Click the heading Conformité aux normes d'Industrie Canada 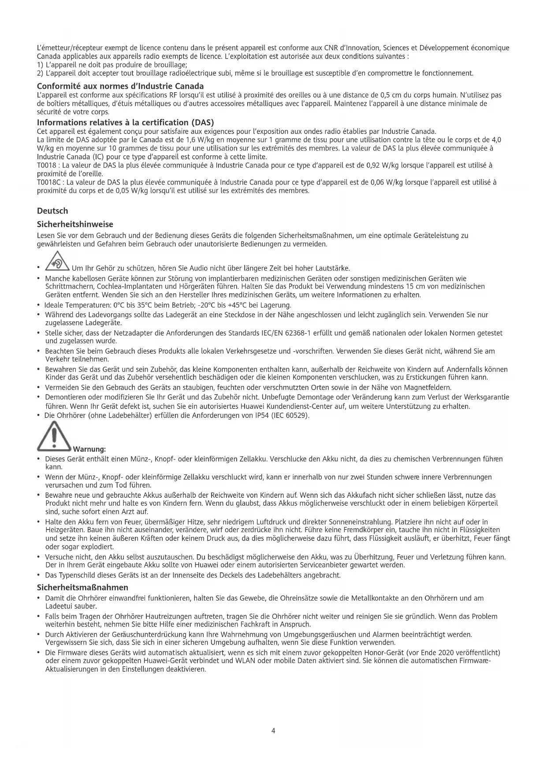120,86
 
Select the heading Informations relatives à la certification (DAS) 125,122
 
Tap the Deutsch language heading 52,211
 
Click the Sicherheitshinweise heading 75,225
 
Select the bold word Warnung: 89,449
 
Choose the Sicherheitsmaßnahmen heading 82,587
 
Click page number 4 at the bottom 273,731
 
